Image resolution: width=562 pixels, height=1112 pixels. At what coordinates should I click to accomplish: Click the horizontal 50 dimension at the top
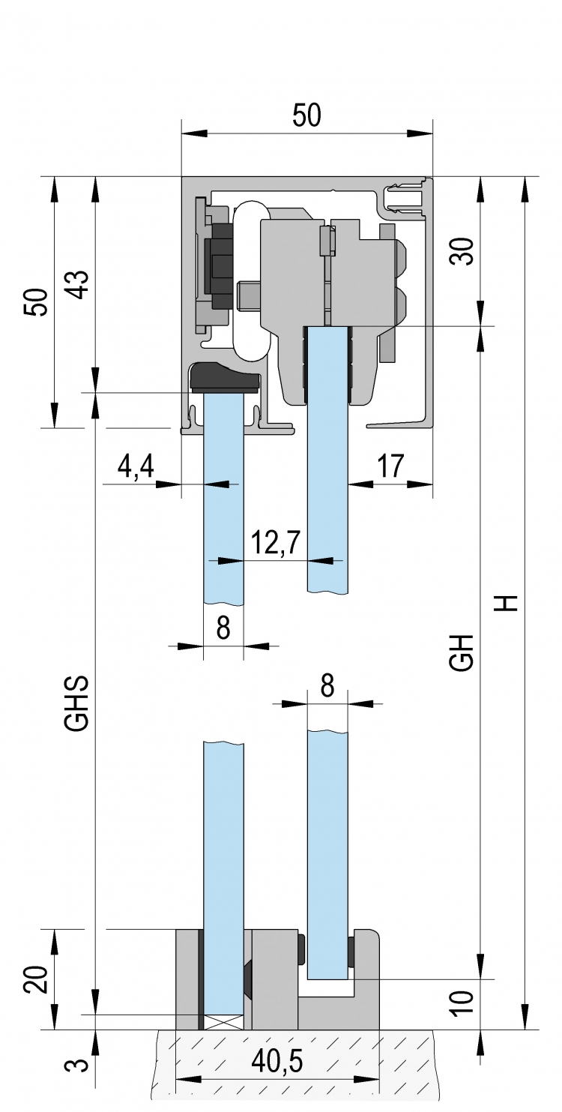[x=306, y=115]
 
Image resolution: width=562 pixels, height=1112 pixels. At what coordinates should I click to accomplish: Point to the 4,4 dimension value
[x=136, y=466]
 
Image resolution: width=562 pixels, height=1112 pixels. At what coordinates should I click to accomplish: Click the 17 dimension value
[x=390, y=466]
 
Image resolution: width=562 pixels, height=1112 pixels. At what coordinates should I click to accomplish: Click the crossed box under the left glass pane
[x=223, y=1006]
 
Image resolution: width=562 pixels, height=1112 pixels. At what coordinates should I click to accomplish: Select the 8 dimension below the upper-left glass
[x=223, y=628]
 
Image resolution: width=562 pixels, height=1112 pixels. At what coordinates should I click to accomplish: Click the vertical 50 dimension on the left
[x=37, y=301]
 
